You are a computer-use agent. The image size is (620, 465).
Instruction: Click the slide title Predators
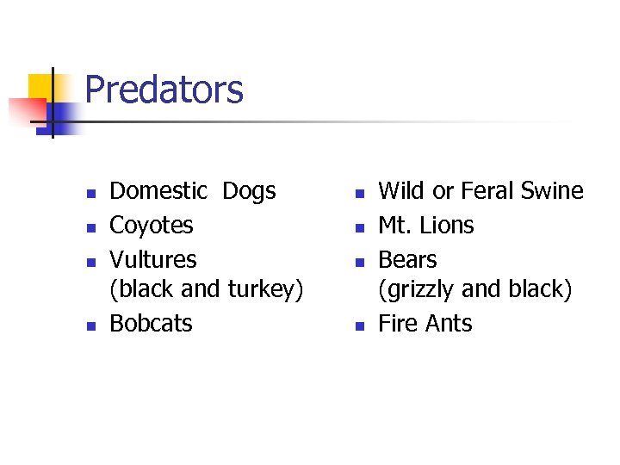tap(164, 90)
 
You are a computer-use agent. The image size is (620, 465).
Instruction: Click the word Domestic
tap(158, 191)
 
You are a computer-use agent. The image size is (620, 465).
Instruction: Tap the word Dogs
tap(249, 191)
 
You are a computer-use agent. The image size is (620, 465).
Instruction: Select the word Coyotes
tap(152, 226)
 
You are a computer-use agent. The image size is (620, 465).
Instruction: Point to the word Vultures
tap(153, 259)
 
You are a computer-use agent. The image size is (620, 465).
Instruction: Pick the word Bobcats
tap(152, 324)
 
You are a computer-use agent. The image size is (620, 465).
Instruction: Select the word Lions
tap(445, 226)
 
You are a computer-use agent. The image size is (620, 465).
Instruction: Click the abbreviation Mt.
tap(393, 226)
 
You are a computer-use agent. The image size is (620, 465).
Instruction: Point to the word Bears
tap(407, 259)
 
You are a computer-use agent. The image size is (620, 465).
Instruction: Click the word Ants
tap(449, 324)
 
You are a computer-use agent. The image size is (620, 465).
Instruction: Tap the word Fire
tap(399, 324)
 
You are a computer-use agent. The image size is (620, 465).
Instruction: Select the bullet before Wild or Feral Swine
tap(360, 192)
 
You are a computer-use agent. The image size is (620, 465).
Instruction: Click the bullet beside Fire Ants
tap(360, 325)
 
